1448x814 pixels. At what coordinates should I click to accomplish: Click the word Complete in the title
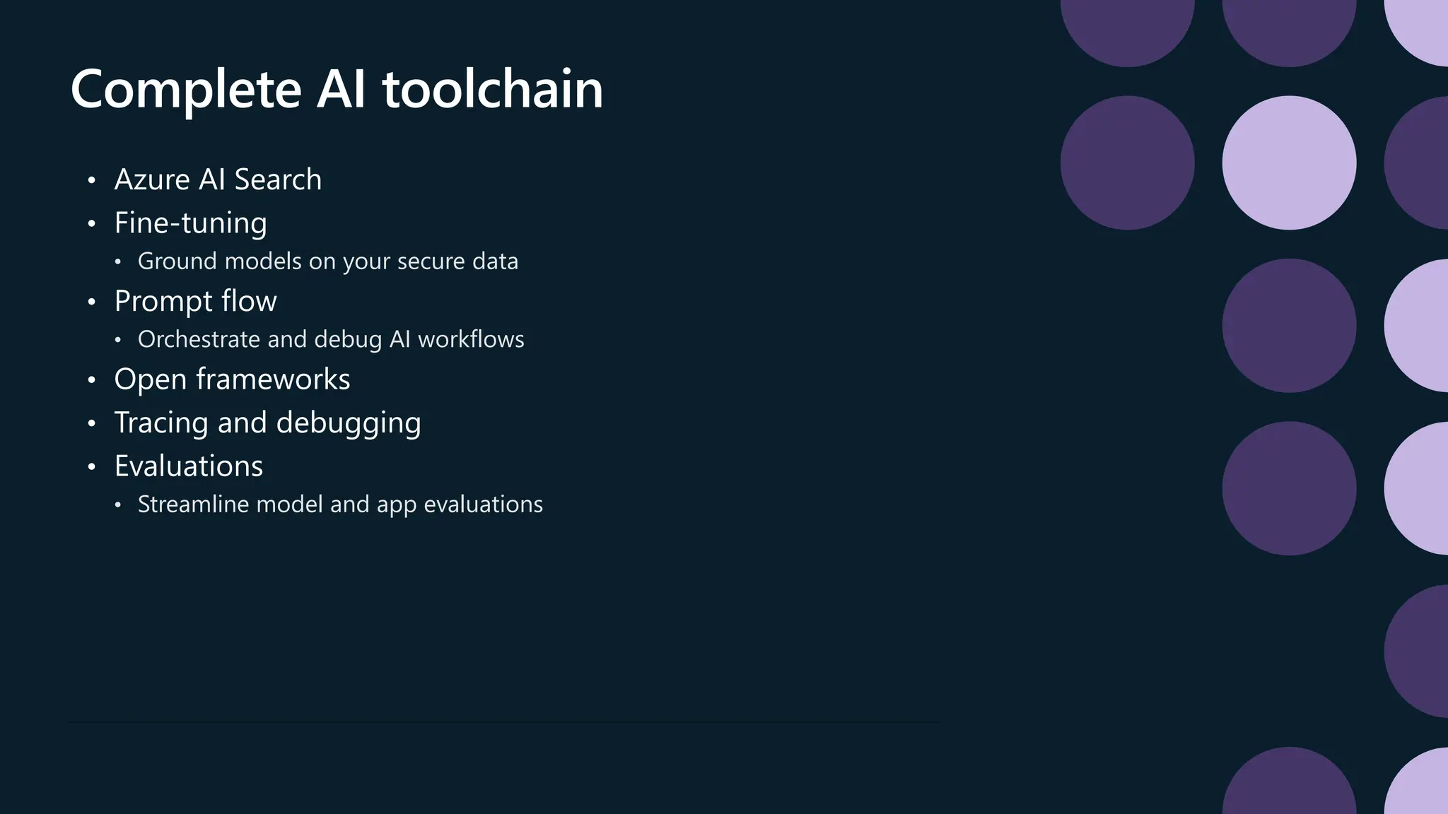click(x=186, y=90)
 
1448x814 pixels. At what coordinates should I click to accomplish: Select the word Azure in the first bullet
click(x=152, y=179)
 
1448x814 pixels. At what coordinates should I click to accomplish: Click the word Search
click(x=278, y=179)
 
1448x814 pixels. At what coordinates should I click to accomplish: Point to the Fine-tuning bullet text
click(x=191, y=223)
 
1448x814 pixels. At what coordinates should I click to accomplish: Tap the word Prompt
click(x=163, y=302)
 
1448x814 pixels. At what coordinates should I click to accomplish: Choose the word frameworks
click(x=273, y=379)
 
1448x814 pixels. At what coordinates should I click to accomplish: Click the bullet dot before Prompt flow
click(x=91, y=302)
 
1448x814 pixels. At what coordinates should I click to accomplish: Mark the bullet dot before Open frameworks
click(x=91, y=380)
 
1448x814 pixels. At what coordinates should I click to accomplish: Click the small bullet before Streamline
click(x=118, y=505)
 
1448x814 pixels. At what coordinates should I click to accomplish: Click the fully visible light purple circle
click(x=1289, y=163)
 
